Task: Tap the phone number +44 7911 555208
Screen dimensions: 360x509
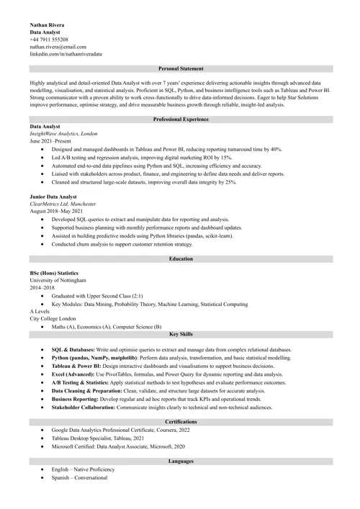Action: pyautogui.click(x=49, y=40)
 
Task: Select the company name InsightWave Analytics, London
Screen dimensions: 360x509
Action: pyautogui.click(x=63, y=134)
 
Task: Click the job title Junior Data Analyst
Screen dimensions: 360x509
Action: pyautogui.click(x=56, y=196)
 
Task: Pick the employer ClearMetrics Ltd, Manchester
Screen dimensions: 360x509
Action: pyautogui.click(x=63, y=204)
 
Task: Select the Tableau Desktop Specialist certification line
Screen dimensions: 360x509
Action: pyautogui.click(x=98, y=438)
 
